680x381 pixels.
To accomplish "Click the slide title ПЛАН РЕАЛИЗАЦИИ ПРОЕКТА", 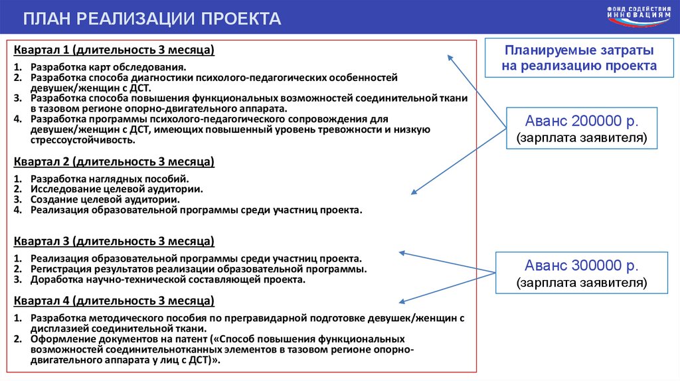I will click(152, 19).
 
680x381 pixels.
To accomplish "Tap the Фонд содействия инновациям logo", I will click(638, 17).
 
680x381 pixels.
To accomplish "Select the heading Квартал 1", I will click(113, 50).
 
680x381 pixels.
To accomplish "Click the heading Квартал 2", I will click(114, 162).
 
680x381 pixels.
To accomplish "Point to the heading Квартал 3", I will click(114, 240).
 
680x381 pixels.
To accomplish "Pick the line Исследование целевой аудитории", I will click(116, 189).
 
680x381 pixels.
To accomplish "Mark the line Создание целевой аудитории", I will click(104, 199).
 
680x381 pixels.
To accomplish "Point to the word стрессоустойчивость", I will click(82, 140).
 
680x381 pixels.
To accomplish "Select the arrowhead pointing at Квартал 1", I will click(450, 58).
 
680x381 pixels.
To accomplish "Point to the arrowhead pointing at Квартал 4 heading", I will click(401, 301).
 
